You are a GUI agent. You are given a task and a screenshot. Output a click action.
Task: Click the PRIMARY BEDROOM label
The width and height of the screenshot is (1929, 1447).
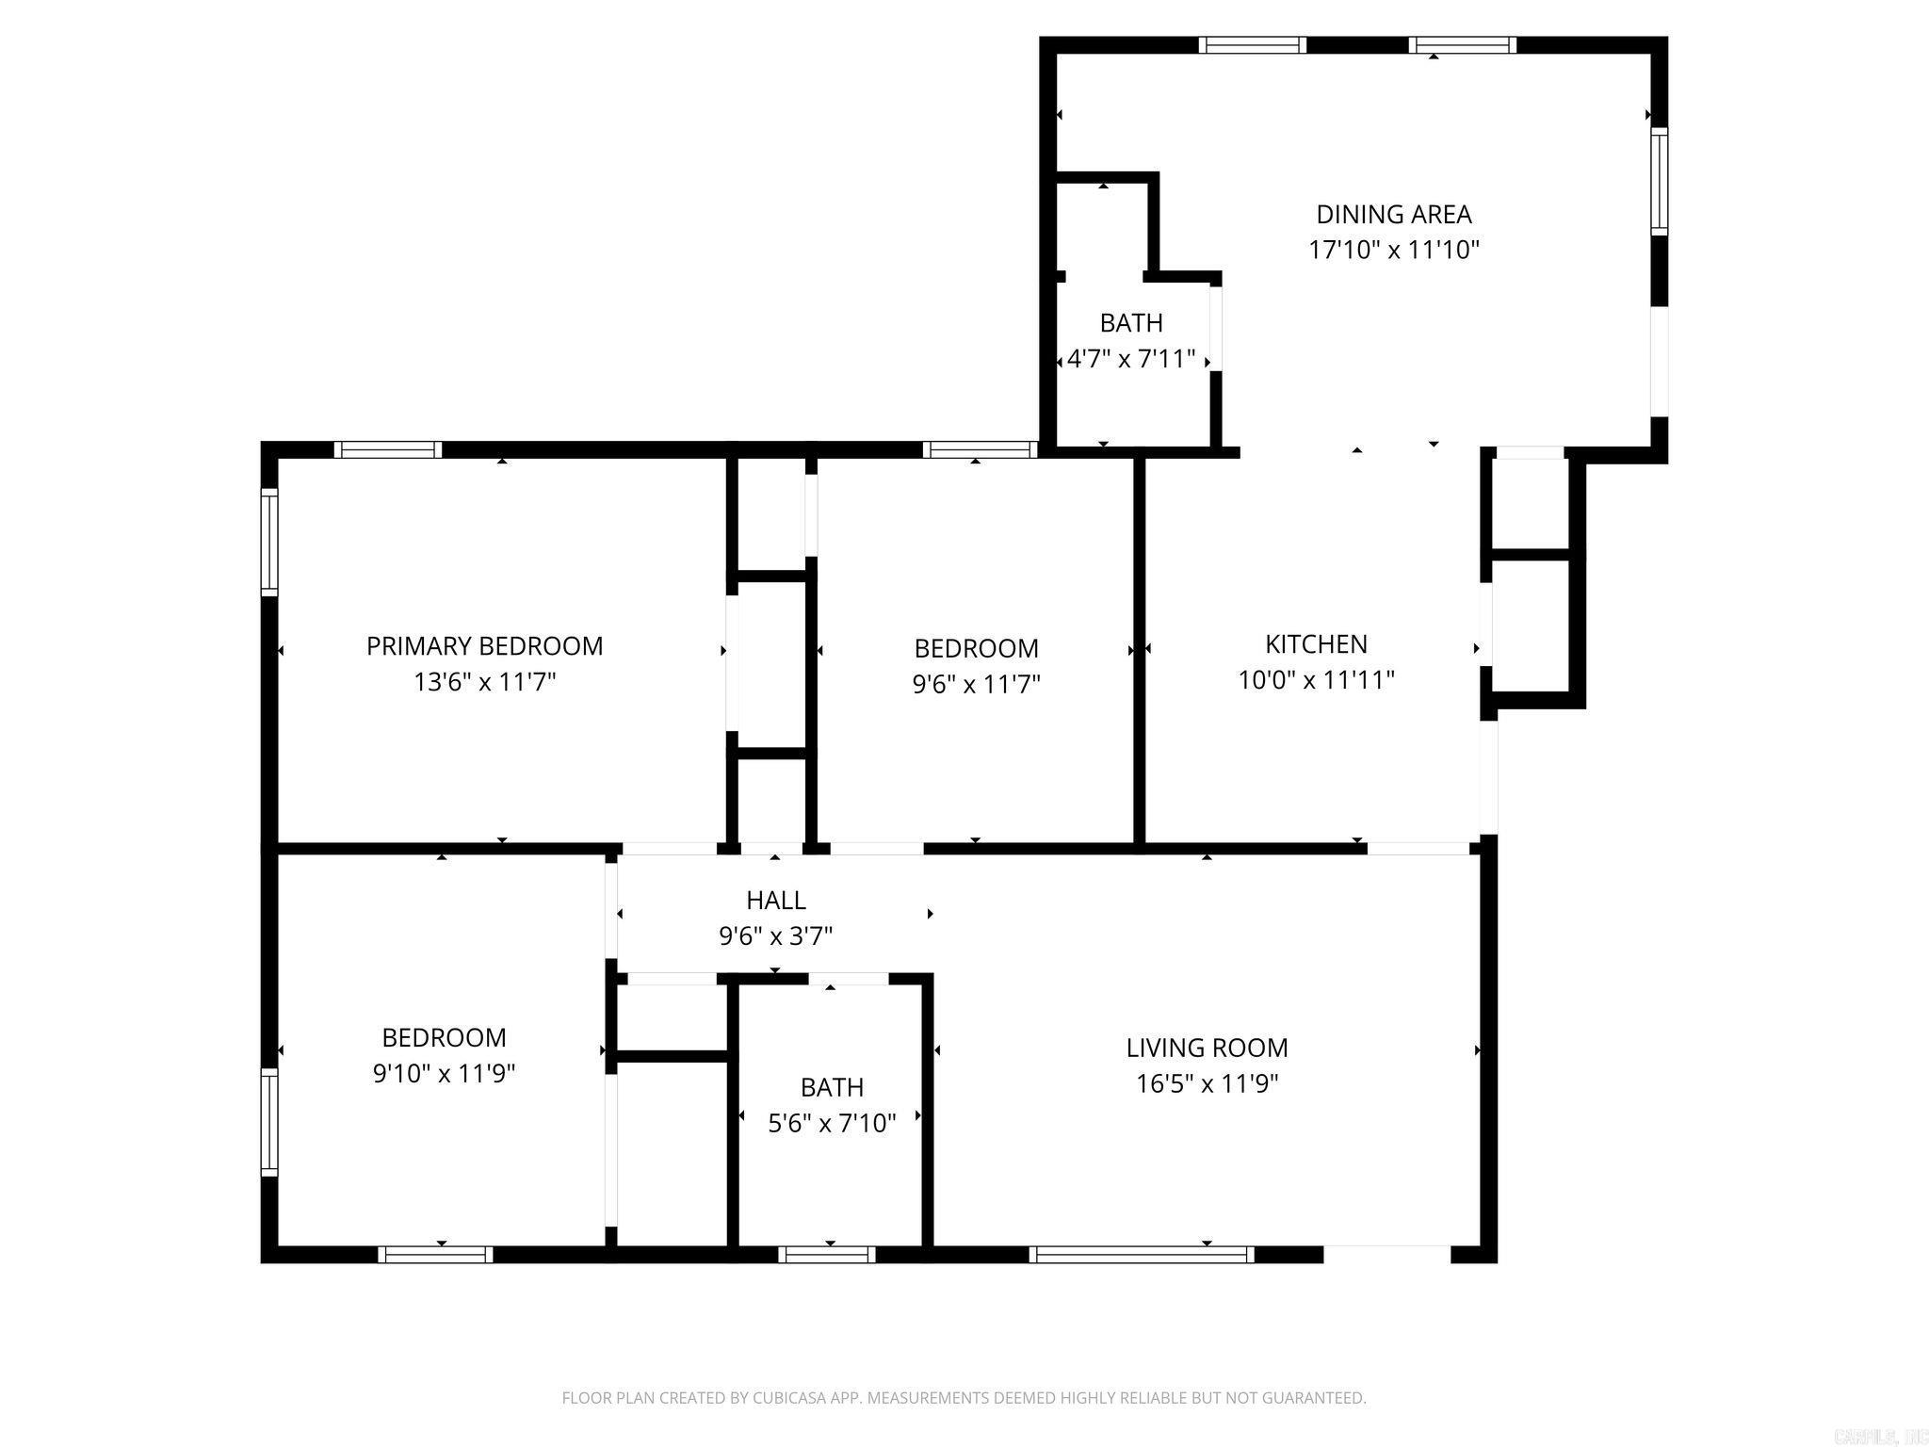484,646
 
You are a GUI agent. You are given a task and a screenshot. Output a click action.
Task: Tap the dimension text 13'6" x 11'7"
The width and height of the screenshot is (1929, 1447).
484,682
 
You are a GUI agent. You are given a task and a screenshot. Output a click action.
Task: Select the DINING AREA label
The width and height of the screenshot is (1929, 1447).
1393,215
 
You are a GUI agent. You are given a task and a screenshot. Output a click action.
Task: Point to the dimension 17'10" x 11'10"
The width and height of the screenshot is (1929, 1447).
1393,251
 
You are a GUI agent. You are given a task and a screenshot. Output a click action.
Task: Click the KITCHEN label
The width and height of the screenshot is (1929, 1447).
1316,644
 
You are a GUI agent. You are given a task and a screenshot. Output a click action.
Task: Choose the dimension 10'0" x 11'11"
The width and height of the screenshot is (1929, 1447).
1316,680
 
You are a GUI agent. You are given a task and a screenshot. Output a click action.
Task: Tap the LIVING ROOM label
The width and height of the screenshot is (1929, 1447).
1207,1048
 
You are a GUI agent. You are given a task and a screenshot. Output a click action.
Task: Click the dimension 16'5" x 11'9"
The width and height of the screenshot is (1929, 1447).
1207,1083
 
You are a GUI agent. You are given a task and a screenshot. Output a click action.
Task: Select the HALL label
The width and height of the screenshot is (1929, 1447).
775,901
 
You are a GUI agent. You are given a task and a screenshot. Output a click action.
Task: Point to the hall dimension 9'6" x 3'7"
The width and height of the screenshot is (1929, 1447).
775,936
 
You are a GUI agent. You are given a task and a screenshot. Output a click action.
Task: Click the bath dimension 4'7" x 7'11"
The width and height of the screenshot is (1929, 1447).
1131,359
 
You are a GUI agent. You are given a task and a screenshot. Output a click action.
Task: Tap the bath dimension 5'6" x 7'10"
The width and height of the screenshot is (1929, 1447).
832,1123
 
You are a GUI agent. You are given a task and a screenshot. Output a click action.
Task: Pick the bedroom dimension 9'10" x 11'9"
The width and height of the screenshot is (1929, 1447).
444,1074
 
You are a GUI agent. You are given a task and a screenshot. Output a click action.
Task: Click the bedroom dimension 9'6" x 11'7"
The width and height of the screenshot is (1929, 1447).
976,684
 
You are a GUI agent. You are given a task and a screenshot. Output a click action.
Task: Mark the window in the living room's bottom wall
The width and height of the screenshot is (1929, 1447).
1142,1254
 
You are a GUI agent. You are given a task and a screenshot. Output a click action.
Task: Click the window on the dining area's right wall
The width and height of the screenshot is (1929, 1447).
1659,181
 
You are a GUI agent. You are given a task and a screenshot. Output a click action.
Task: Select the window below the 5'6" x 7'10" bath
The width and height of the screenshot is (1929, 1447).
827,1254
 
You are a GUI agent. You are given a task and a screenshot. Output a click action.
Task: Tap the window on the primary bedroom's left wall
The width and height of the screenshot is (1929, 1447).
269,542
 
